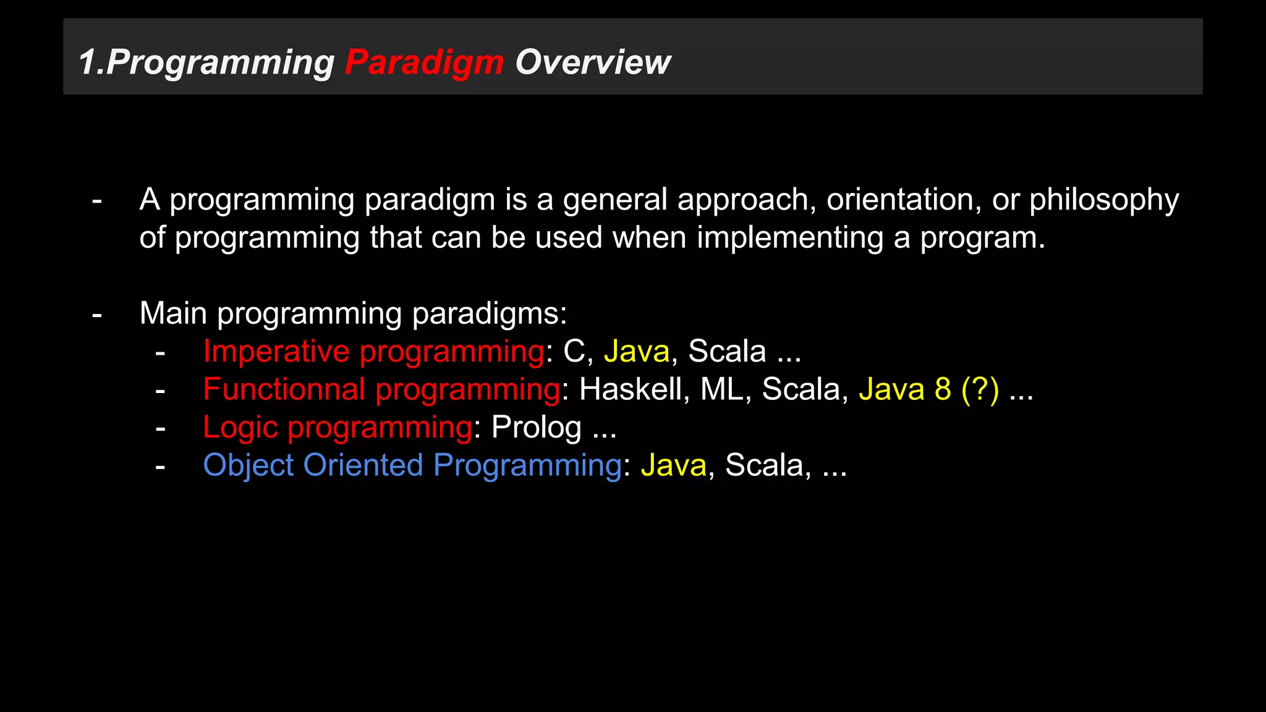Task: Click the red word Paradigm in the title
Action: [424, 62]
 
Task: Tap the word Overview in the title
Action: [592, 62]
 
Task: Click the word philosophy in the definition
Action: [1103, 200]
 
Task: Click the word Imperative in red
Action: [276, 352]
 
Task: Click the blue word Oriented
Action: [363, 465]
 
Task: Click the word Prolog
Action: [536, 428]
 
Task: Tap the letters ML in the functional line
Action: [725, 389]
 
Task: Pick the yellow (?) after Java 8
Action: [980, 389]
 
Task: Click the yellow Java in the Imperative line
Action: [637, 352]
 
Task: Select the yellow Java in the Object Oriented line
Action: [673, 465]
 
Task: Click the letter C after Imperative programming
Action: [574, 352]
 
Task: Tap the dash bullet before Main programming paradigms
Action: [97, 315]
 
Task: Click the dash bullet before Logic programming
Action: [161, 428]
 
